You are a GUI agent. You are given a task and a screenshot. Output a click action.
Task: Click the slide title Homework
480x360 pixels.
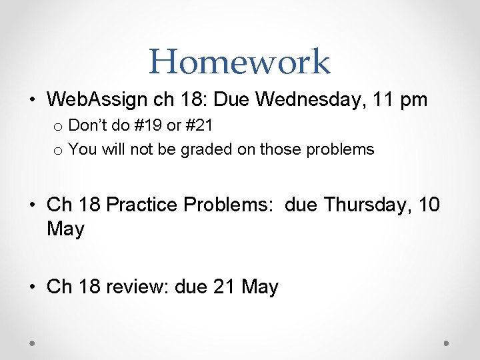click(x=239, y=61)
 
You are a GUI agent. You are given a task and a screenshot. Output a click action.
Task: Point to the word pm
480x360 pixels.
click(x=412, y=101)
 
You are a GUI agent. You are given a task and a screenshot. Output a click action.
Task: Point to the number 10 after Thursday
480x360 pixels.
click(x=428, y=205)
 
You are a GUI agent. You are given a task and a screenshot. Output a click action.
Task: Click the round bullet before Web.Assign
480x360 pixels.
click(x=33, y=101)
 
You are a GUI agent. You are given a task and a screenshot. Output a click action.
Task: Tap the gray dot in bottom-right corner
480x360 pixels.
click(x=447, y=343)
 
